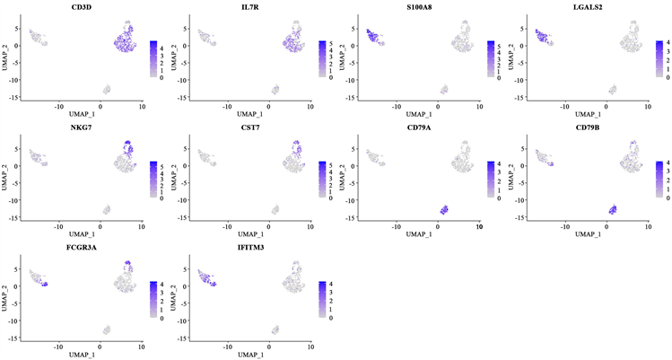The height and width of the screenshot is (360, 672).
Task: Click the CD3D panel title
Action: [x=86, y=7]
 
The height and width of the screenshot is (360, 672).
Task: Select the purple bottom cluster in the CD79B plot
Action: [x=612, y=209]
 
